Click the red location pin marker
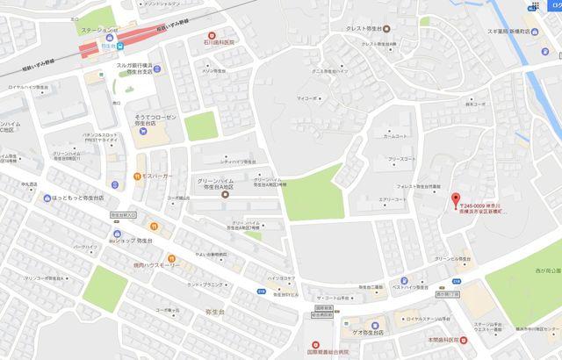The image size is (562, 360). tap(455, 199)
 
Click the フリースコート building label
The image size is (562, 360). tap(403, 159)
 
